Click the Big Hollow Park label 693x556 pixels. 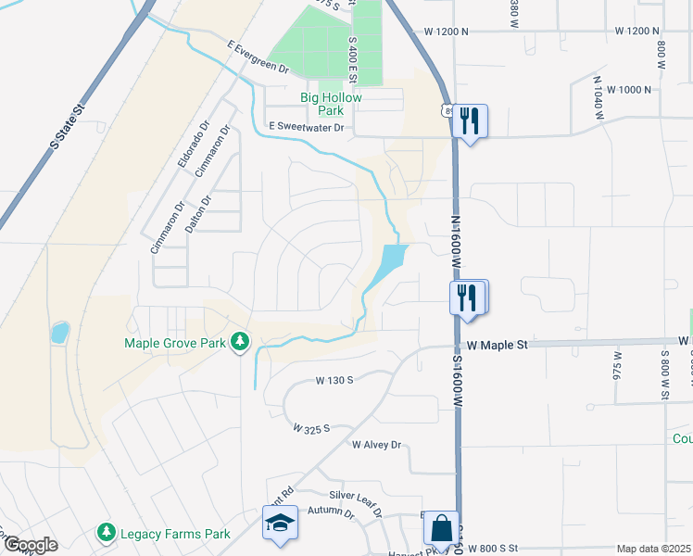click(x=331, y=104)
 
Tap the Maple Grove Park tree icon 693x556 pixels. click(x=241, y=342)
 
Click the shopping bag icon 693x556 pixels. click(x=441, y=529)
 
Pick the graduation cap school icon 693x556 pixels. click(x=280, y=523)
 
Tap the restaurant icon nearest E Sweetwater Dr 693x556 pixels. click(x=470, y=120)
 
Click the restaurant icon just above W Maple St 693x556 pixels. click(x=468, y=297)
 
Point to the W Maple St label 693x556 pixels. click(x=497, y=345)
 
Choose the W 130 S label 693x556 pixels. click(x=334, y=380)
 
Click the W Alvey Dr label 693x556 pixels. click(x=376, y=445)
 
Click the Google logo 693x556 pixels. click(x=30, y=544)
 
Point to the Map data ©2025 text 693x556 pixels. click(x=652, y=549)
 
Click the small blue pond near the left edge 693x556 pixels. click(x=59, y=332)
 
